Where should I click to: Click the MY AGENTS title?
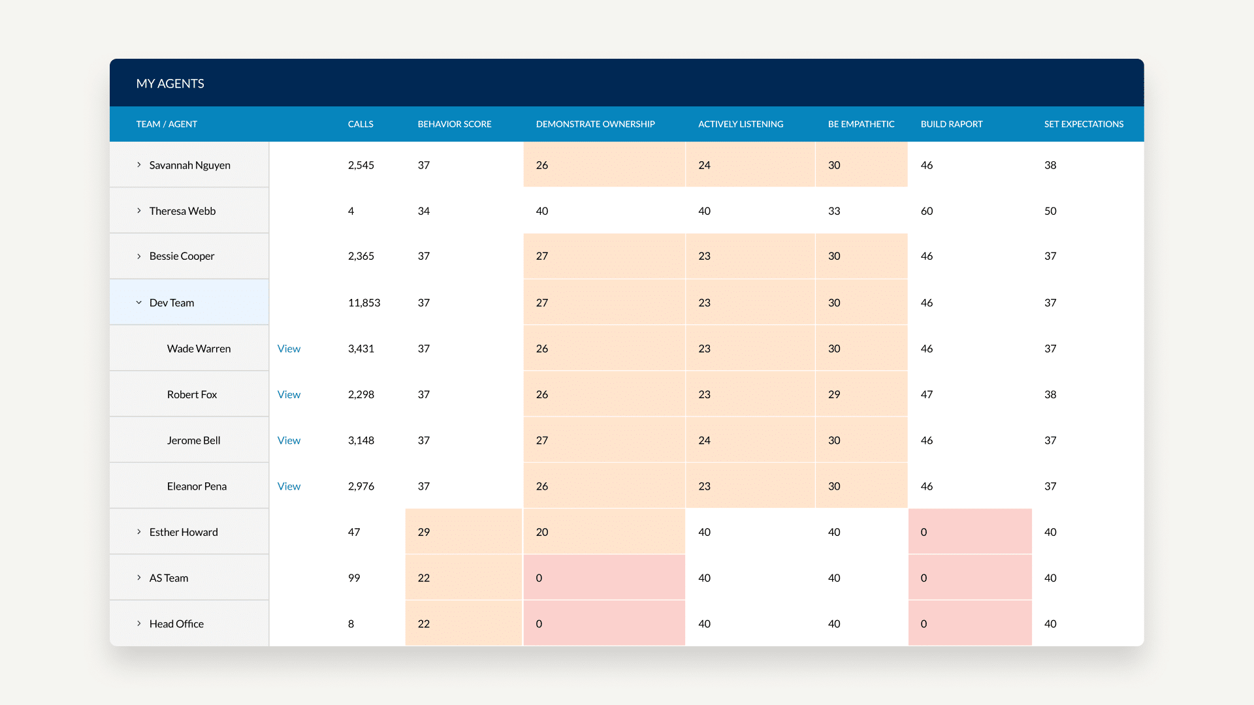coord(170,84)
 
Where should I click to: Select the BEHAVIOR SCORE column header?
coord(454,124)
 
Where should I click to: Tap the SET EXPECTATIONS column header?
coord(1084,124)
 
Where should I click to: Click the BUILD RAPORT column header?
coord(951,124)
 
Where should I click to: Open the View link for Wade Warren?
coord(289,349)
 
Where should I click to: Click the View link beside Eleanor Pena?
coord(289,486)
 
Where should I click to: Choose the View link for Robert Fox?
coord(289,394)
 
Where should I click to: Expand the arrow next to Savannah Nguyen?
coord(138,165)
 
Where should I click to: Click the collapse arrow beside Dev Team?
coord(138,303)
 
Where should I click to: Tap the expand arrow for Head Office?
coord(138,623)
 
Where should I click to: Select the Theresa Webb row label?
coord(182,211)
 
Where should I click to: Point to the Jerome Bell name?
coord(193,441)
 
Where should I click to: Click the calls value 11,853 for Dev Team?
coord(364,303)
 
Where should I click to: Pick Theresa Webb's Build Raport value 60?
coord(926,211)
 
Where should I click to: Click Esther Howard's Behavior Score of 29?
coord(424,532)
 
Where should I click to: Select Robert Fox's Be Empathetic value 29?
coord(834,394)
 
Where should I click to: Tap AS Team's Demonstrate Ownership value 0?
coord(539,578)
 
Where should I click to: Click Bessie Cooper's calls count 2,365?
coord(361,256)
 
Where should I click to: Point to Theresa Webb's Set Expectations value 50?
coord(1050,211)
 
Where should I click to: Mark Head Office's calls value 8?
coord(351,623)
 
